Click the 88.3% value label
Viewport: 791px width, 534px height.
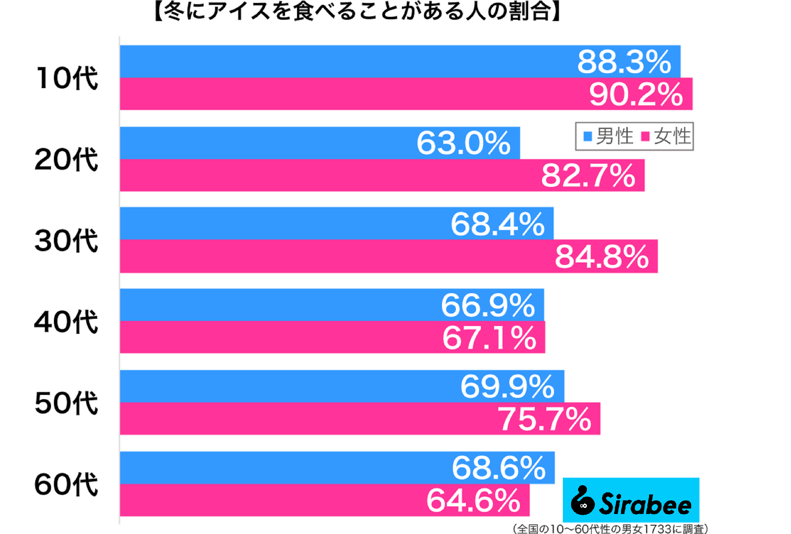pyautogui.click(x=624, y=62)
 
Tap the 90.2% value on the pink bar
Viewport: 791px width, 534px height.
pyautogui.click(x=636, y=94)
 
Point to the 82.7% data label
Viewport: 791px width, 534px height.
pyautogui.click(x=588, y=176)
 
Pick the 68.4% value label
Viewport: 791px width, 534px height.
pyautogui.click(x=497, y=224)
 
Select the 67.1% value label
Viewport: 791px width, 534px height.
pyautogui.click(x=489, y=338)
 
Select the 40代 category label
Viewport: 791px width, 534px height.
pyautogui.click(x=66, y=322)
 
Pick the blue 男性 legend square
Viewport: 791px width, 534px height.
pyautogui.click(x=587, y=136)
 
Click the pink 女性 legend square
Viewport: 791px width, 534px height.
pyautogui.click(x=645, y=136)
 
